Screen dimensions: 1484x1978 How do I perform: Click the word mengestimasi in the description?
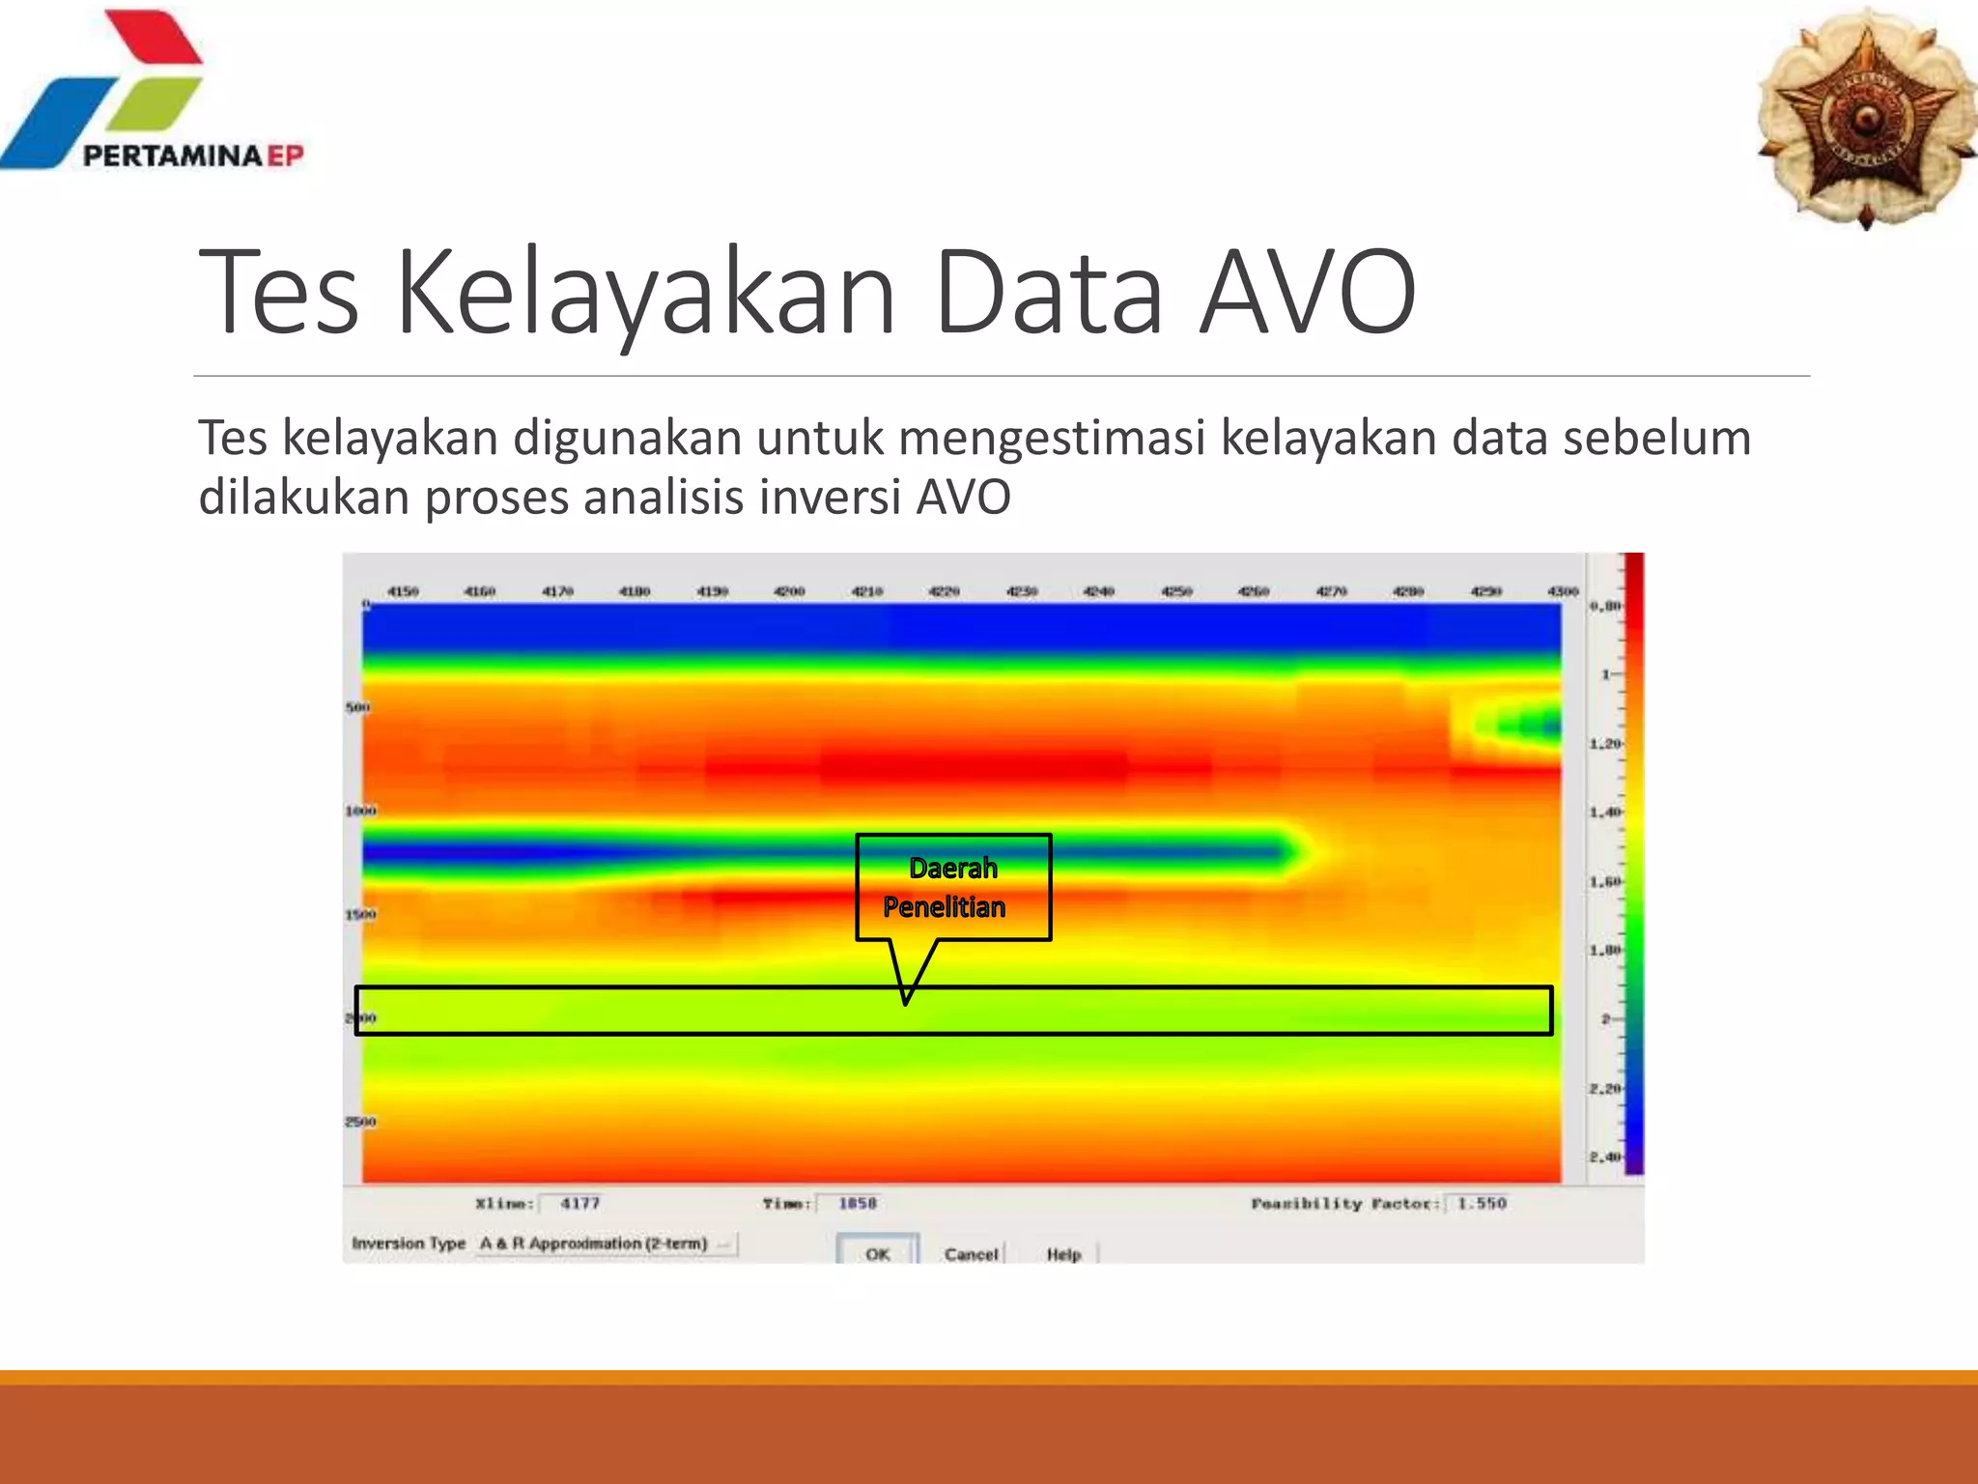pos(1053,438)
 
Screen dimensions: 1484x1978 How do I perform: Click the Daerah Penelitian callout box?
pos(952,887)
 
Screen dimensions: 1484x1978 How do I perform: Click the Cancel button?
pos(971,1254)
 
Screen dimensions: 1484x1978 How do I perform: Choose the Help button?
pos(1063,1254)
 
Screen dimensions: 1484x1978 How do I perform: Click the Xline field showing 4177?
pos(580,1203)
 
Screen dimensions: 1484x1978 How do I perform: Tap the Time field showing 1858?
pos(857,1203)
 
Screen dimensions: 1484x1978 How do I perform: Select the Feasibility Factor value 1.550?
pos(1482,1203)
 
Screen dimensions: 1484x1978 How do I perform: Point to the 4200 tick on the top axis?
pos(789,591)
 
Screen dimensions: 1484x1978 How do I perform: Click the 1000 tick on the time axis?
pos(360,811)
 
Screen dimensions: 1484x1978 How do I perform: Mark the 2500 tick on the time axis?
pos(360,1122)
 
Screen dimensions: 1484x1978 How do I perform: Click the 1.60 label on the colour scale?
pos(1605,881)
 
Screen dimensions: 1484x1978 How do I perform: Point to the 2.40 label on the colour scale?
pos(1605,1156)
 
